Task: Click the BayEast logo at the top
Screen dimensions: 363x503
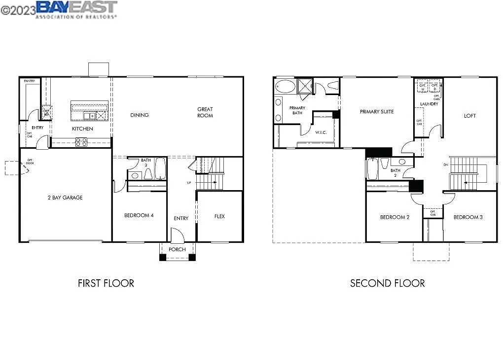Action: [76, 9]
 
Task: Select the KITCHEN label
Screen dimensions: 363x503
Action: [82, 129]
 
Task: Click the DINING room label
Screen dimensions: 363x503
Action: [140, 115]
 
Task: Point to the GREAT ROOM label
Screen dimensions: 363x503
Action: [205, 112]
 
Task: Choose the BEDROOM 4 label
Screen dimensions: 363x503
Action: [139, 215]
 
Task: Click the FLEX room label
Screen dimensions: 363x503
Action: [219, 216]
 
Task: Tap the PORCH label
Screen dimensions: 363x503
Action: [177, 250]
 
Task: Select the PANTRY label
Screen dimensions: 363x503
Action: [29, 81]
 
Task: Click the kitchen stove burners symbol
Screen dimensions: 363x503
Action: [81, 142]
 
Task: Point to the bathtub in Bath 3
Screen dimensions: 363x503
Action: [161, 169]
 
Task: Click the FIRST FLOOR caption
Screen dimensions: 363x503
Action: [106, 283]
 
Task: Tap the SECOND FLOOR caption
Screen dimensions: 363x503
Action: [387, 283]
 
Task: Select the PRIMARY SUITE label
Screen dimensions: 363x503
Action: [377, 112]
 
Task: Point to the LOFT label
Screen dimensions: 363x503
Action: [470, 116]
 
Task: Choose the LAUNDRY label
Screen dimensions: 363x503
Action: [429, 104]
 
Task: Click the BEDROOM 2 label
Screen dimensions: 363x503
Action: [395, 217]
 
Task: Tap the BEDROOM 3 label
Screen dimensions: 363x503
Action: [468, 217]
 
